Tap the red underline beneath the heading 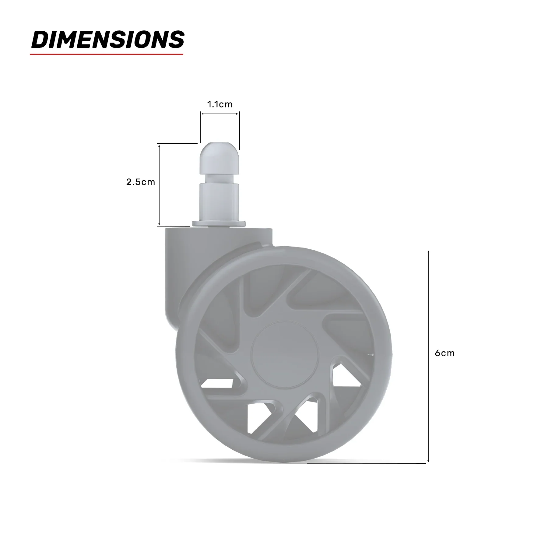107,54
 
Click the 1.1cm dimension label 220,104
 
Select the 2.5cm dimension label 141,182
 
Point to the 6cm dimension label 444,353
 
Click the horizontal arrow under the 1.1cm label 220,114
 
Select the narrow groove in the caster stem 220,179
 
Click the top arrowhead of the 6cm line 428,252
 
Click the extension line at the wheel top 371,249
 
